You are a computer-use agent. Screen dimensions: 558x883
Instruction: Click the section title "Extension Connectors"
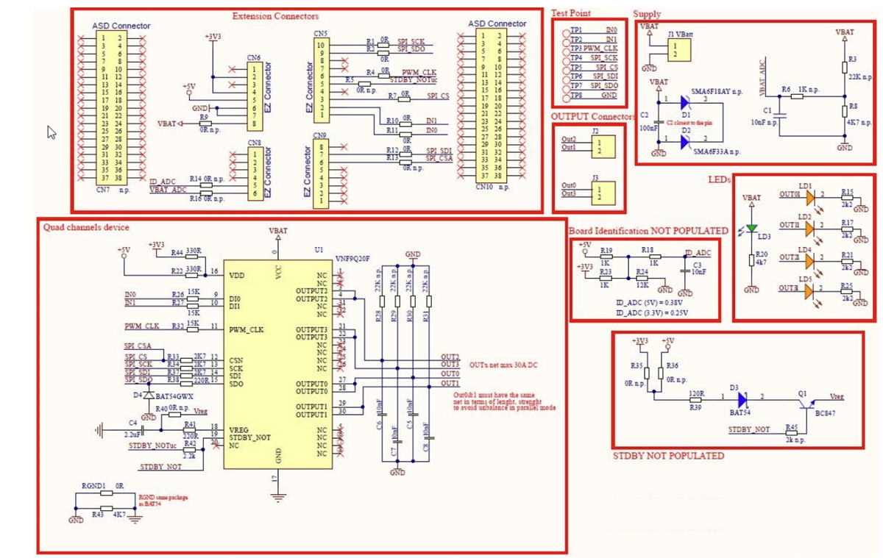(275, 15)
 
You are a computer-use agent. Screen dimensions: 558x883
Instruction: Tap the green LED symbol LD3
(751, 229)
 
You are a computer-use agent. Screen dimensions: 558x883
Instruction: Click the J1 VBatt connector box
(678, 50)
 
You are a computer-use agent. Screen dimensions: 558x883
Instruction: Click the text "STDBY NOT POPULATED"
(668, 456)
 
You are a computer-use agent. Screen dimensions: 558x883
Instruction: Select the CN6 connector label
(254, 57)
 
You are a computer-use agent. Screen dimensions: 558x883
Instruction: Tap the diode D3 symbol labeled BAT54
(741, 398)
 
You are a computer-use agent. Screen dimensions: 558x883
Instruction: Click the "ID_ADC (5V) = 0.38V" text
(643, 301)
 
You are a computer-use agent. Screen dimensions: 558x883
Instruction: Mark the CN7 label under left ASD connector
(104, 189)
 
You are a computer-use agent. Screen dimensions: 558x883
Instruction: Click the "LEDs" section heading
(719, 179)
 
